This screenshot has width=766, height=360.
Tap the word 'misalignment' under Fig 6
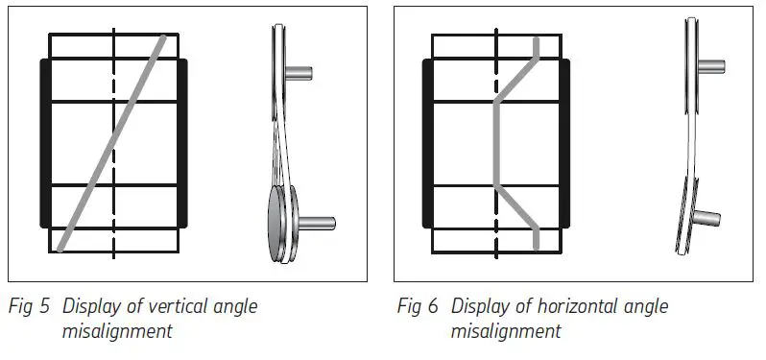tap(505, 331)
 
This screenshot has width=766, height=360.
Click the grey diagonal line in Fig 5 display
tap(113, 142)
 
